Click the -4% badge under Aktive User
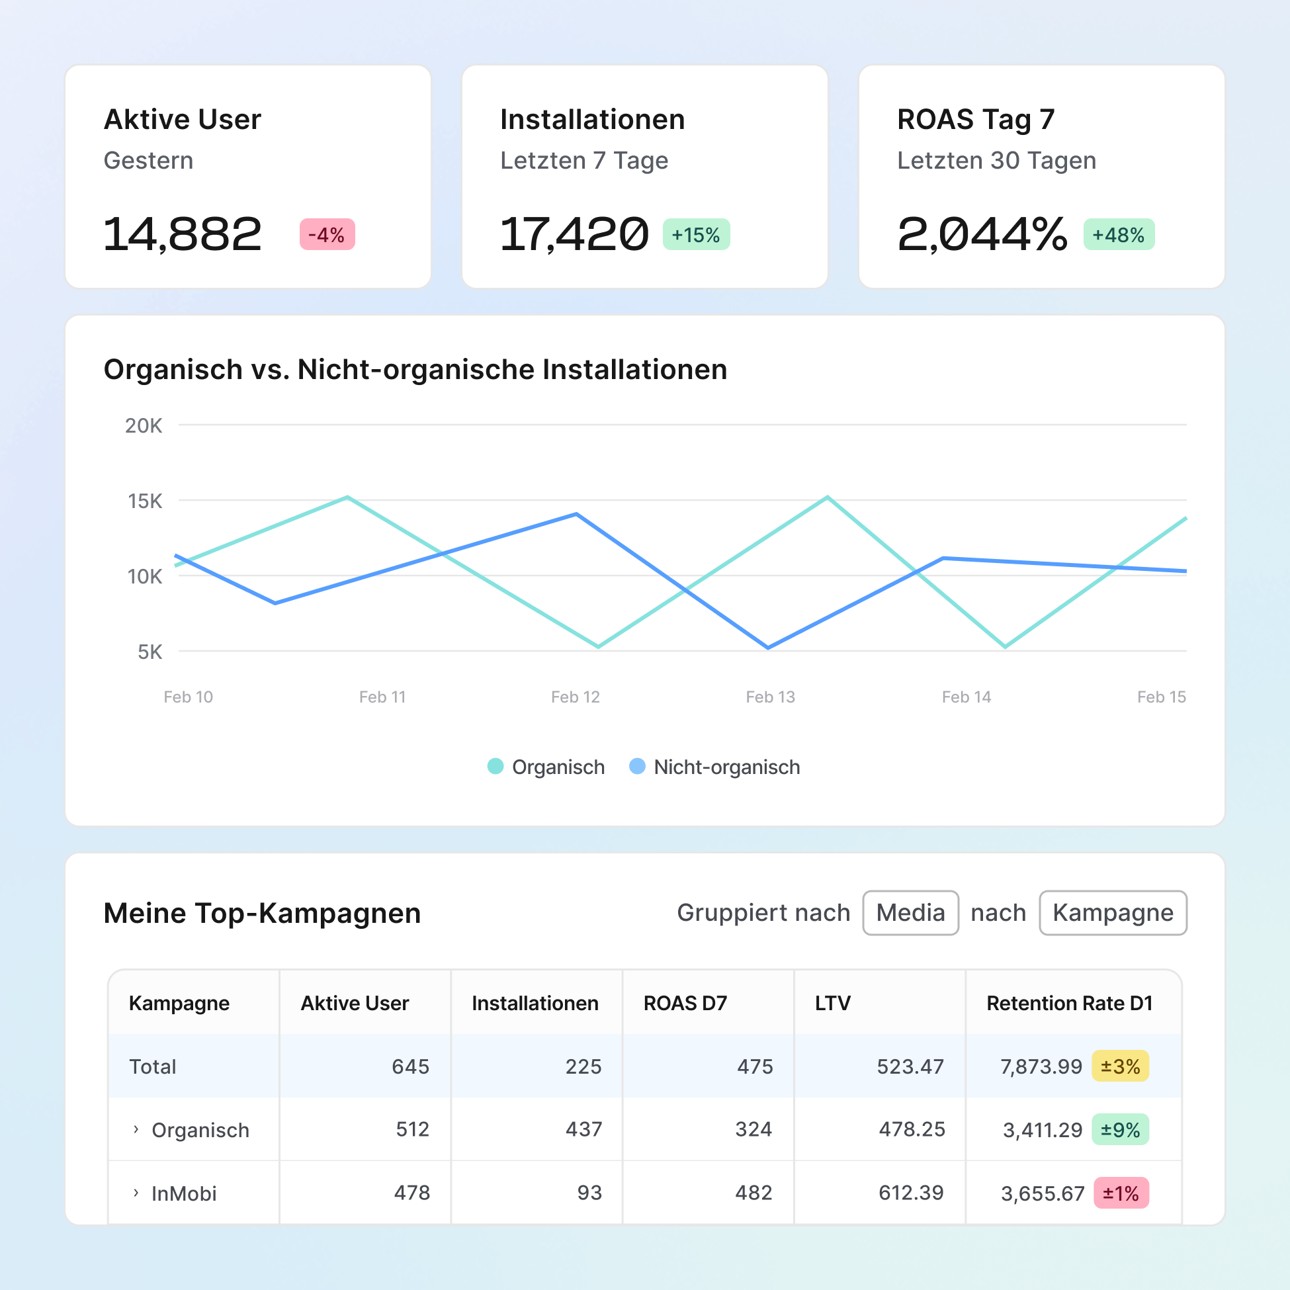click(327, 234)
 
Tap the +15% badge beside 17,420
click(696, 234)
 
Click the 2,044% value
click(982, 234)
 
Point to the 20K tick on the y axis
click(144, 425)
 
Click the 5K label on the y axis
click(150, 652)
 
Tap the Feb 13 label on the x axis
click(770, 697)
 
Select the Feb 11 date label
click(382, 697)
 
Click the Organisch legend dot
click(495, 766)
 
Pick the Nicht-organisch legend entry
click(714, 767)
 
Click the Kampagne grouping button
click(1113, 912)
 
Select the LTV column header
click(833, 1003)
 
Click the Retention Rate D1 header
click(1069, 1003)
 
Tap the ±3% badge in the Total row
click(1120, 1066)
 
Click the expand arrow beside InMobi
click(136, 1193)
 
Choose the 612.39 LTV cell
click(911, 1193)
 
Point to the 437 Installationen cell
click(583, 1129)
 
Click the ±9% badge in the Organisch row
click(1120, 1129)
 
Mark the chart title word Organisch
click(173, 369)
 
